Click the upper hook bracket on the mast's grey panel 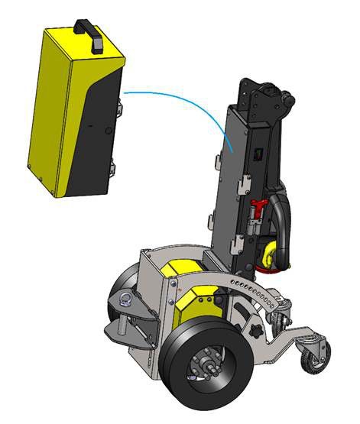[242, 184]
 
